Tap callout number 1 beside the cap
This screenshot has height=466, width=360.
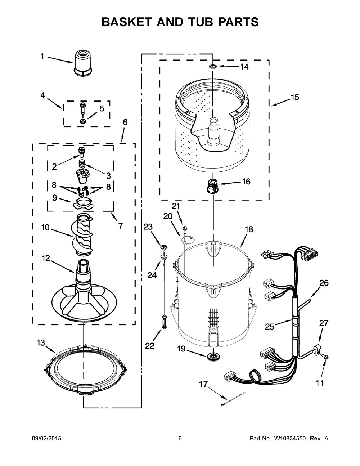coord(42,56)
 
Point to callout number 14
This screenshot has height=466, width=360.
coord(244,67)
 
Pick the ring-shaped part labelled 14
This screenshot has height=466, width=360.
coord(213,66)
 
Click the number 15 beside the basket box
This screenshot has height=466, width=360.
coord(295,98)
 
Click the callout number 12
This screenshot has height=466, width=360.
coord(46,258)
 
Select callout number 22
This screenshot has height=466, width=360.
coord(149,345)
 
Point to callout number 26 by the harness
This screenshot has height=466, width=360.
coord(324,283)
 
